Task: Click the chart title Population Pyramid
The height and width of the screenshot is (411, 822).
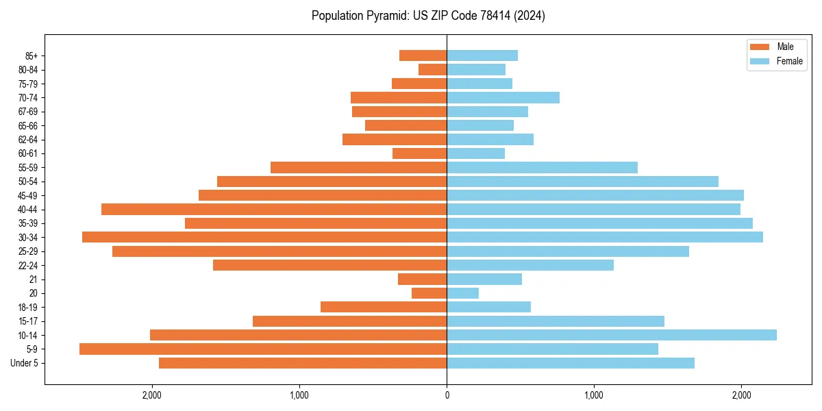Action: tap(428, 16)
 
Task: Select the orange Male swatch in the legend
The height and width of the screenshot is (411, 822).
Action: tap(760, 47)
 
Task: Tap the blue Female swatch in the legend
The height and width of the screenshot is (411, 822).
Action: tap(760, 61)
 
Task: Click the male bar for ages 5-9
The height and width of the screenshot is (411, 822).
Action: tap(263, 349)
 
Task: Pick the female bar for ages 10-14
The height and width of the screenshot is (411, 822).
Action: tap(612, 335)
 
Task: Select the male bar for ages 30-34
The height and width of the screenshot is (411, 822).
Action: tap(264, 237)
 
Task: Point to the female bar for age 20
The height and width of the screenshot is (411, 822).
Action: tap(462, 293)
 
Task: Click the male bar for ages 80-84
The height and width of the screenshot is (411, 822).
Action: tap(432, 69)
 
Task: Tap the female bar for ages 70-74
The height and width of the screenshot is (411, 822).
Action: tap(503, 97)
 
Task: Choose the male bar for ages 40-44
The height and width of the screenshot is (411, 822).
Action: tap(274, 209)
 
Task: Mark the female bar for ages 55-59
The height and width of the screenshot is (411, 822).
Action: tap(542, 167)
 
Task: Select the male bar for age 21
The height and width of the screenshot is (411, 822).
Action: tap(422, 279)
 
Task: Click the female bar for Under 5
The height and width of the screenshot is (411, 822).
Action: tap(571, 363)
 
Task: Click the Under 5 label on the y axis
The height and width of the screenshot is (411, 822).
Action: tap(25, 363)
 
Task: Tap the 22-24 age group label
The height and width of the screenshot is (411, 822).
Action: tap(28, 265)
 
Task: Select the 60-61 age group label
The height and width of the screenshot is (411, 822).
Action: tap(28, 153)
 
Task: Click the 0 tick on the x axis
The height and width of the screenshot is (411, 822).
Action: tap(447, 395)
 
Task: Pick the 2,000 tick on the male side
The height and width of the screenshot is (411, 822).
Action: tap(151, 395)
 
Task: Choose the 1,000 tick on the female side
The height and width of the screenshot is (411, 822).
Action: tap(594, 395)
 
